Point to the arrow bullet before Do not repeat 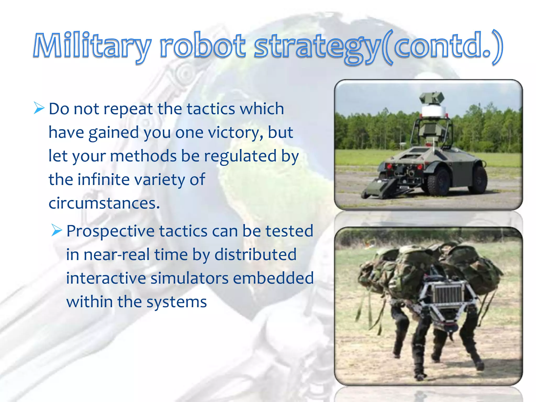[39, 108]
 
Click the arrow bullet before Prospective [57, 230]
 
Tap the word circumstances [104, 203]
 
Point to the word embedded [273, 278]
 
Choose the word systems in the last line [177, 302]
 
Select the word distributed [255, 255]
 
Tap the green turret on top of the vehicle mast [432, 98]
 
